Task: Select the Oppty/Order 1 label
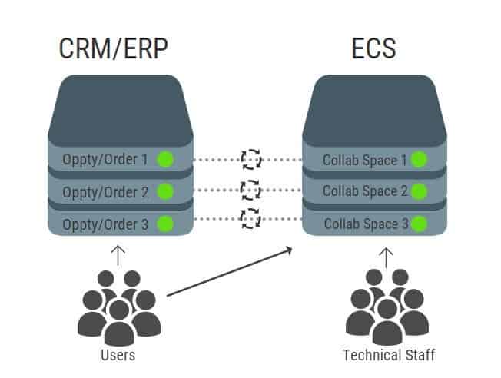click(x=105, y=161)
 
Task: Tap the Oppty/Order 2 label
click(x=105, y=192)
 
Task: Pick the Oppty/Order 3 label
click(x=105, y=224)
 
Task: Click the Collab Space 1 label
click(x=365, y=161)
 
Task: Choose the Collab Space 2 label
click(x=365, y=192)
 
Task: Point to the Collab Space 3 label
click(x=365, y=224)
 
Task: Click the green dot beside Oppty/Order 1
click(x=164, y=160)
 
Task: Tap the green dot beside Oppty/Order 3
click(x=164, y=224)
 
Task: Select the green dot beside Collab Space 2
click(x=419, y=191)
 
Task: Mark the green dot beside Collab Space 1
click(x=419, y=160)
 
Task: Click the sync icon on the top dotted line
click(x=250, y=159)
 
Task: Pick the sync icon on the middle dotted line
click(x=250, y=189)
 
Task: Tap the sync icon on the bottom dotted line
click(x=250, y=219)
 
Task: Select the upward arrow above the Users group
click(x=117, y=256)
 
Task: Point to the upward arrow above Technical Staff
click(x=387, y=256)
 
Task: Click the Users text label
click(x=118, y=356)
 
